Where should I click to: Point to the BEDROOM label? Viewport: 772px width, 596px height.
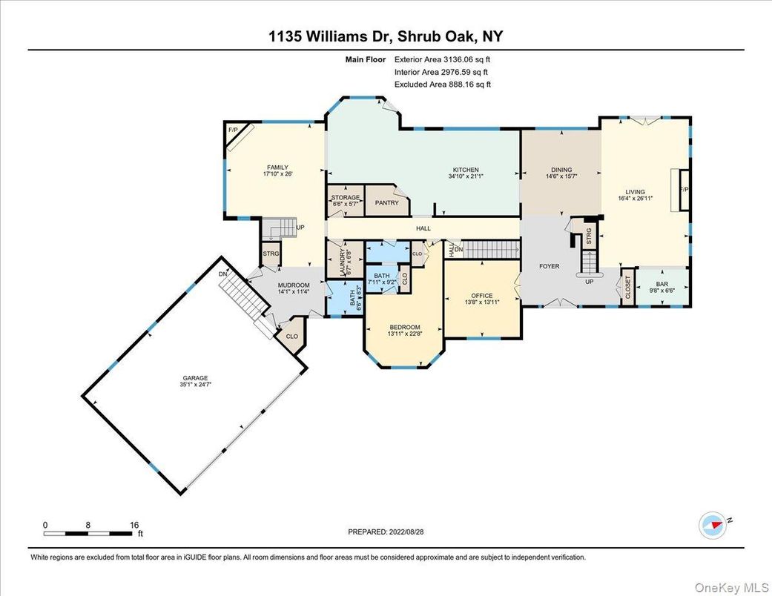[x=405, y=327]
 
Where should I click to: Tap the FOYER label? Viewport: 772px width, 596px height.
[x=549, y=266]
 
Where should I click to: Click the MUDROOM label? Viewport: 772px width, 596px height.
[x=293, y=285]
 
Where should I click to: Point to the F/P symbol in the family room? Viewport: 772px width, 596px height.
[x=232, y=130]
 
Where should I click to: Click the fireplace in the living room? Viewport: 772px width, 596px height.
[x=683, y=189]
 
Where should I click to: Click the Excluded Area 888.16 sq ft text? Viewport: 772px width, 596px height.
[x=443, y=85]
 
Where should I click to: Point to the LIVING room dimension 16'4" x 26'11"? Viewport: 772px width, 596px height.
[x=635, y=199]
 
